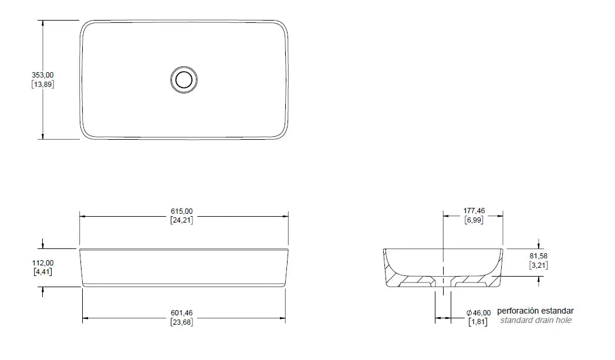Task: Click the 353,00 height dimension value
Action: pyautogui.click(x=43, y=75)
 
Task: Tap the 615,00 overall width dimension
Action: pyautogui.click(x=182, y=211)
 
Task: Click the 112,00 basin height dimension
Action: pyautogui.click(x=43, y=263)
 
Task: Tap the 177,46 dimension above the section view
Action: pyautogui.click(x=474, y=211)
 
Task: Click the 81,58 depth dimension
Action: pyautogui.click(x=539, y=256)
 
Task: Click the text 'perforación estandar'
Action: pyautogui.click(x=535, y=311)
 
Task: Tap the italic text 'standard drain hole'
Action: pyautogui.click(x=535, y=321)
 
